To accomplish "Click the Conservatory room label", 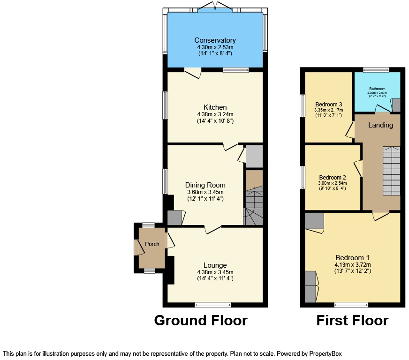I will pyautogui.click(x=215, y=40).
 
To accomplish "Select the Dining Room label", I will pyautogui.click(x=205, y=185).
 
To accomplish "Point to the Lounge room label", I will pyautogui.click(x=215, y=265).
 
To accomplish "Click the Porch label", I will pyautogui.click(x=152, y=244).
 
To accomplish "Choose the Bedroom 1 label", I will pyautogui.click(x=352, y=257).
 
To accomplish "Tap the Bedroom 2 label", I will pyautogui.click(x=332, y=177).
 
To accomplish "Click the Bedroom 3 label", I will pyautogui.click(x=328, y=104).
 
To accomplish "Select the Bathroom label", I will pyautogui.click(x=377, y=89).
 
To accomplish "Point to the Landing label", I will pyautogui.click(x=380, y=125).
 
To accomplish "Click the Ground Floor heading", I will pyautogui.click(x=200, y=321).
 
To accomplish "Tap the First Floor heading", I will pyautogui.click(x=352, y=321).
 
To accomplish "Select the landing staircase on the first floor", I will pyautogui.click(x=391, y=171).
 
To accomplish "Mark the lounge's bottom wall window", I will pyautogui.click(x=213, y=305).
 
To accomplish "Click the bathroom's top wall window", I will pyautogui.click(x=376, y=70).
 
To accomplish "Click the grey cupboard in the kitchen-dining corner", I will pyautogui.click(x=254, y=156).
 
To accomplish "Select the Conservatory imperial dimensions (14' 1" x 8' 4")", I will pyautogui.click(x=215, y=53).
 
